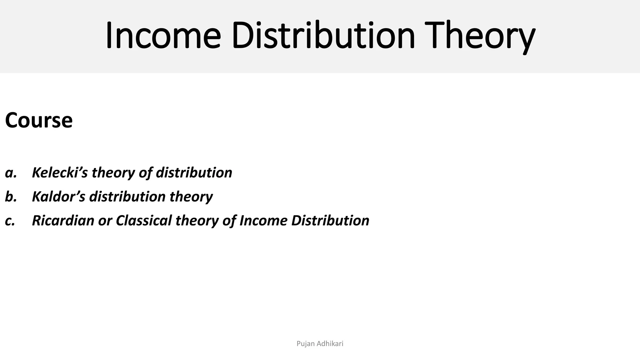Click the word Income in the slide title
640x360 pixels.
click(x=163, y=35)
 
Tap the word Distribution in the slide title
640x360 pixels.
click(x=323, y=35)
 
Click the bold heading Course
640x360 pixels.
click(x=39, y=120)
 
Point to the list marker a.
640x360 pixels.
click(x=11, y=173)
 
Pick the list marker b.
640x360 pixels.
click(x=11, y=197)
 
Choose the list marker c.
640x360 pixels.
click(x=10, y=221)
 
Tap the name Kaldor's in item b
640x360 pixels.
click(x=58, y=197)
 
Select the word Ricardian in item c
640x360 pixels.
click(x=63, y=220)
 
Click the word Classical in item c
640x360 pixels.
click(x=144, y=220)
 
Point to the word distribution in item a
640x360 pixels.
click(x=194, y=172)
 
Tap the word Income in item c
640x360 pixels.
click(x=263, y=220)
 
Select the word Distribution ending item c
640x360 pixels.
click(x=330, y=220)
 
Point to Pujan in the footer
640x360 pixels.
click(x=305, y=344)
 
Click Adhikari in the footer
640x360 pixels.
click(x=330, y=344)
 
